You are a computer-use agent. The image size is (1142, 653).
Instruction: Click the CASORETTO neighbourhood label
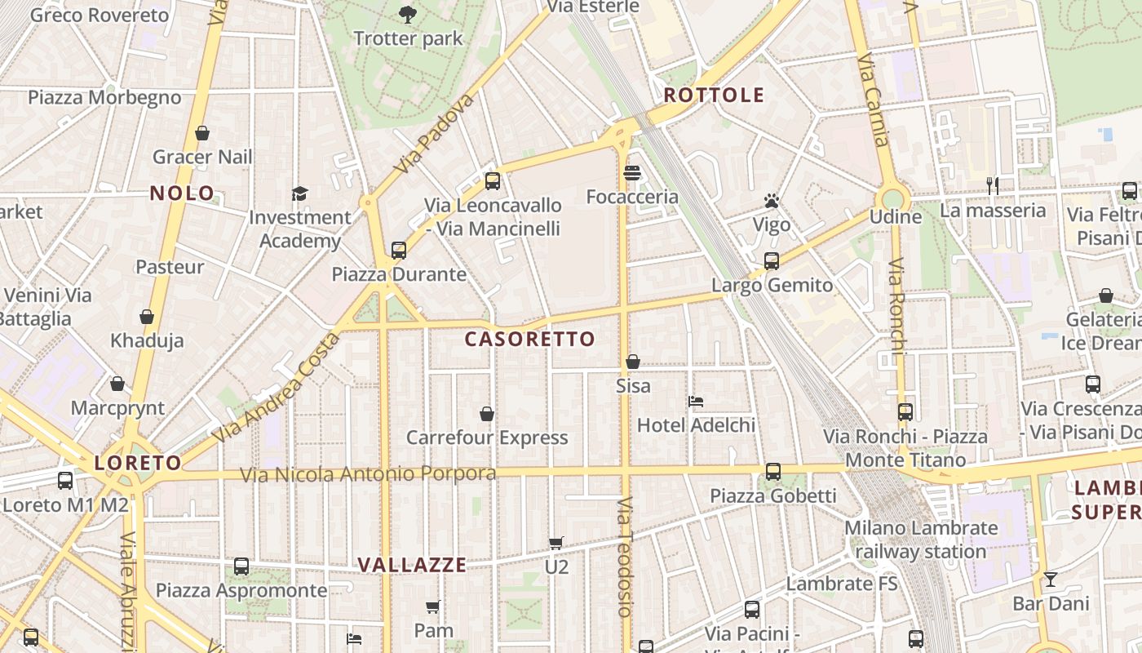click(x=530, y=340)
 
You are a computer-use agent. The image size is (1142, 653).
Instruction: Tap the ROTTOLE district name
click(x=714, y=96)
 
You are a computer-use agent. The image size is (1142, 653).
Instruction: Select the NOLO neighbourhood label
click(x=183, y=193)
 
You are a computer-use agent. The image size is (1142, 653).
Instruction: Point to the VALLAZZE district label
click(x=413, y=565)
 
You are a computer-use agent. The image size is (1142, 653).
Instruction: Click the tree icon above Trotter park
click(x=407, y=14)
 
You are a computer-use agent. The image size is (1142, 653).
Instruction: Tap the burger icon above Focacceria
click(x=632, y=173)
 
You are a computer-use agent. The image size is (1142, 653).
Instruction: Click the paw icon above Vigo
click(x=772, y=201)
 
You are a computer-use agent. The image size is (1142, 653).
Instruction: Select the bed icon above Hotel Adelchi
click(x=696, y=401)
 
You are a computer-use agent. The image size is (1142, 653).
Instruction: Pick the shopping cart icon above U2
click(x=556, y=543)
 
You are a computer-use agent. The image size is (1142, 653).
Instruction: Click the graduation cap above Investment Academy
click(x=300, y=193)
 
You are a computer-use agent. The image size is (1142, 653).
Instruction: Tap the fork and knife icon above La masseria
click(x=993, y=186)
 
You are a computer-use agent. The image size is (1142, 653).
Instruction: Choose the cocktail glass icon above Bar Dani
click(x=1051, y=580)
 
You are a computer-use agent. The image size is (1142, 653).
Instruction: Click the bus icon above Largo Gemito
click(x=772, y=261)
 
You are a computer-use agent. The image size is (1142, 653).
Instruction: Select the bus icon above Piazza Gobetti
click(x=772, y=472)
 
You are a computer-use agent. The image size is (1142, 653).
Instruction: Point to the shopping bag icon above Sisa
click(x=633, y=362)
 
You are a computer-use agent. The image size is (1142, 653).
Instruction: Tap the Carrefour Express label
click(x=487, y=438)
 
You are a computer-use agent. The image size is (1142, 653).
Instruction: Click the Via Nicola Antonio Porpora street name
click(x=368, y=474)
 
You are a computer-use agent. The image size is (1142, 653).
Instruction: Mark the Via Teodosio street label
click(x=625, y=556)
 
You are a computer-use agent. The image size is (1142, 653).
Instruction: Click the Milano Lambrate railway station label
click(x=921, y=540)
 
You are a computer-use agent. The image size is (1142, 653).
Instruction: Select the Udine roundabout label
click(x=896, y=216)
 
